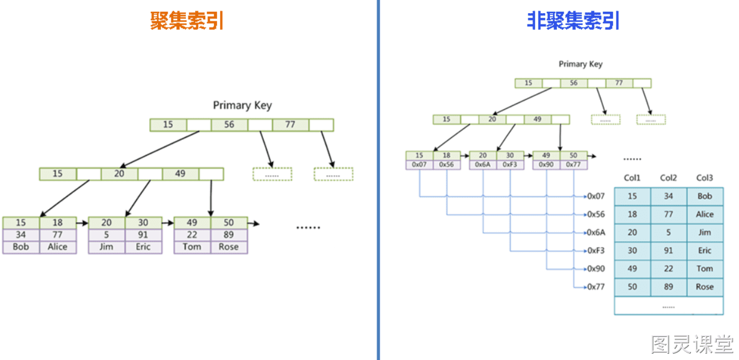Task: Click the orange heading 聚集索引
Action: (186, 21)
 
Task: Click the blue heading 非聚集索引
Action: (573, 21)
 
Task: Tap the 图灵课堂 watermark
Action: (692, 344)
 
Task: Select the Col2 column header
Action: (669, 178)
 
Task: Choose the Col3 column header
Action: (705, 178)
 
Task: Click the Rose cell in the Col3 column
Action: (705, 287)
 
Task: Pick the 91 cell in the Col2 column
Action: (669, 251)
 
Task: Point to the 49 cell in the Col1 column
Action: (632, 269)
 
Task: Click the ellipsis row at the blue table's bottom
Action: (669, 306)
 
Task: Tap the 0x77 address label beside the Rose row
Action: (596, 287)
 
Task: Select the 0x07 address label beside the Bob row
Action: (596, 196)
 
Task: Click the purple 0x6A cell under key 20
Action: (483, 165)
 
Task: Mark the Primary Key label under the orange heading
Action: (242, 105)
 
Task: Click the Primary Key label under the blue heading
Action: (581, 64)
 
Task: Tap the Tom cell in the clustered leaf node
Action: (192, 247)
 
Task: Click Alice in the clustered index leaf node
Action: (58, 247)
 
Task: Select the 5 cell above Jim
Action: (107, 235)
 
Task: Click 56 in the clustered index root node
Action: (229, 125)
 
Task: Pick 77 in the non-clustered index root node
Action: (619, 83)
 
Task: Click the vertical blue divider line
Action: (378, 180)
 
